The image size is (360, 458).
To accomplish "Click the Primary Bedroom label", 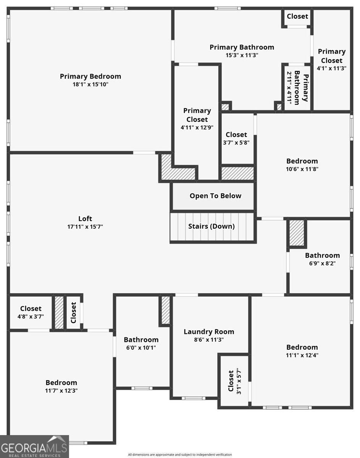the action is coord(90,76).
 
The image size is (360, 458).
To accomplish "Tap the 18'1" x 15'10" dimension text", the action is coord(90,84).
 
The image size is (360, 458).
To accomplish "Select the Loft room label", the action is coord(85,219).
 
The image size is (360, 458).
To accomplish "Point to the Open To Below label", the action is coord(215,196).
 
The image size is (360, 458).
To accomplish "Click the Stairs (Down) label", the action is coord(211,226).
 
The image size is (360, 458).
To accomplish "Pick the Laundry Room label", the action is coord(209,332).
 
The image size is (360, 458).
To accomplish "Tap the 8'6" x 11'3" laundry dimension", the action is coord(209,340).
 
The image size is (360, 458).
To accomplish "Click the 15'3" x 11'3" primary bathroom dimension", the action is coord(242,55).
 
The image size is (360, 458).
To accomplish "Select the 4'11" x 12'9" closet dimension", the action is coord(197,127).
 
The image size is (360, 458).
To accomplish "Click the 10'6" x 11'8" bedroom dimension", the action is coord(302,169).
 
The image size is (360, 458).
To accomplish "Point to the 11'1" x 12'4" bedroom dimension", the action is coord(302,355).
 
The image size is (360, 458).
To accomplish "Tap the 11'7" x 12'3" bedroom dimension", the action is coord(61,390).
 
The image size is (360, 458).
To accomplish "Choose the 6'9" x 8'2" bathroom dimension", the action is coord(323,263).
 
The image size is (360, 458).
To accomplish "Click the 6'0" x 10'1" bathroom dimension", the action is coord(141,348).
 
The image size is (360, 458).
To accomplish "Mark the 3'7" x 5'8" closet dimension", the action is coord(236,142).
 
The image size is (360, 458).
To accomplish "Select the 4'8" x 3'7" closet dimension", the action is coord(31,316).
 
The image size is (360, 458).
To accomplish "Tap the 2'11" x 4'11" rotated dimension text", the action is coord(289,88).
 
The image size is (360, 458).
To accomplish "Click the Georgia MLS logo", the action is coord(34,447).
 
